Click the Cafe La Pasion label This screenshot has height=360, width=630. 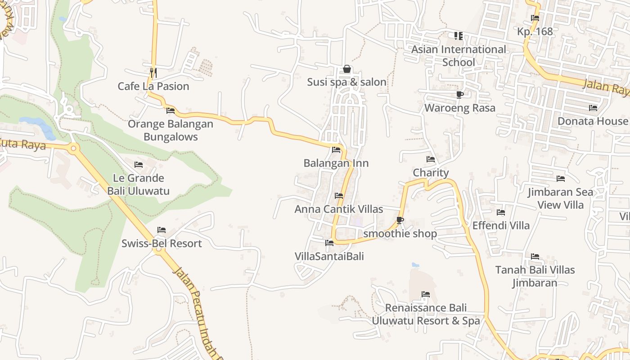click(x=153, y=86)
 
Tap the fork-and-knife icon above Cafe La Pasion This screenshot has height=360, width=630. click(x=153, y=72)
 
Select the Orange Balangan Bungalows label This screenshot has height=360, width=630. click(x=171, y=130)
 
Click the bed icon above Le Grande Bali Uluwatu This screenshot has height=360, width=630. click(x=139, y=165)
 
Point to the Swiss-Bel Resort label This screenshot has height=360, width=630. click(x=162, y=243)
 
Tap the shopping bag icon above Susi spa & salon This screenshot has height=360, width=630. click(x=347, y=69)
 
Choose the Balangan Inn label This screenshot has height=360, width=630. click(x=336, y=163)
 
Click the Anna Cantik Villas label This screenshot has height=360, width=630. click(x=339, y=209)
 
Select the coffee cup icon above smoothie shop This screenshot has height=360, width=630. click(x=400, y=220)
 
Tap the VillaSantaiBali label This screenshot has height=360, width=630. click(x=329, y=256)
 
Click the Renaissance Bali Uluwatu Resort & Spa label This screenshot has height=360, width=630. click(x=426, y=314)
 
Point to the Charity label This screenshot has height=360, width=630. click(x=431, y=173)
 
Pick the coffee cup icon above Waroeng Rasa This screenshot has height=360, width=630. click(x=460, y=94)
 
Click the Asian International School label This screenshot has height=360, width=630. click(x=459, y=55)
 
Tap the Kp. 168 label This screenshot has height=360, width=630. click(x=535, y=31)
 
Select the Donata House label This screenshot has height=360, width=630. click(x=593, y=121)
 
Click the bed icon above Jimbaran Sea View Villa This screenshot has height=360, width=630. click(x=561, y=179)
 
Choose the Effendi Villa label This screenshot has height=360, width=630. click(x=501, y=225)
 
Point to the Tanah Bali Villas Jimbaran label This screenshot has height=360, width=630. click(x=535, y=276)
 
